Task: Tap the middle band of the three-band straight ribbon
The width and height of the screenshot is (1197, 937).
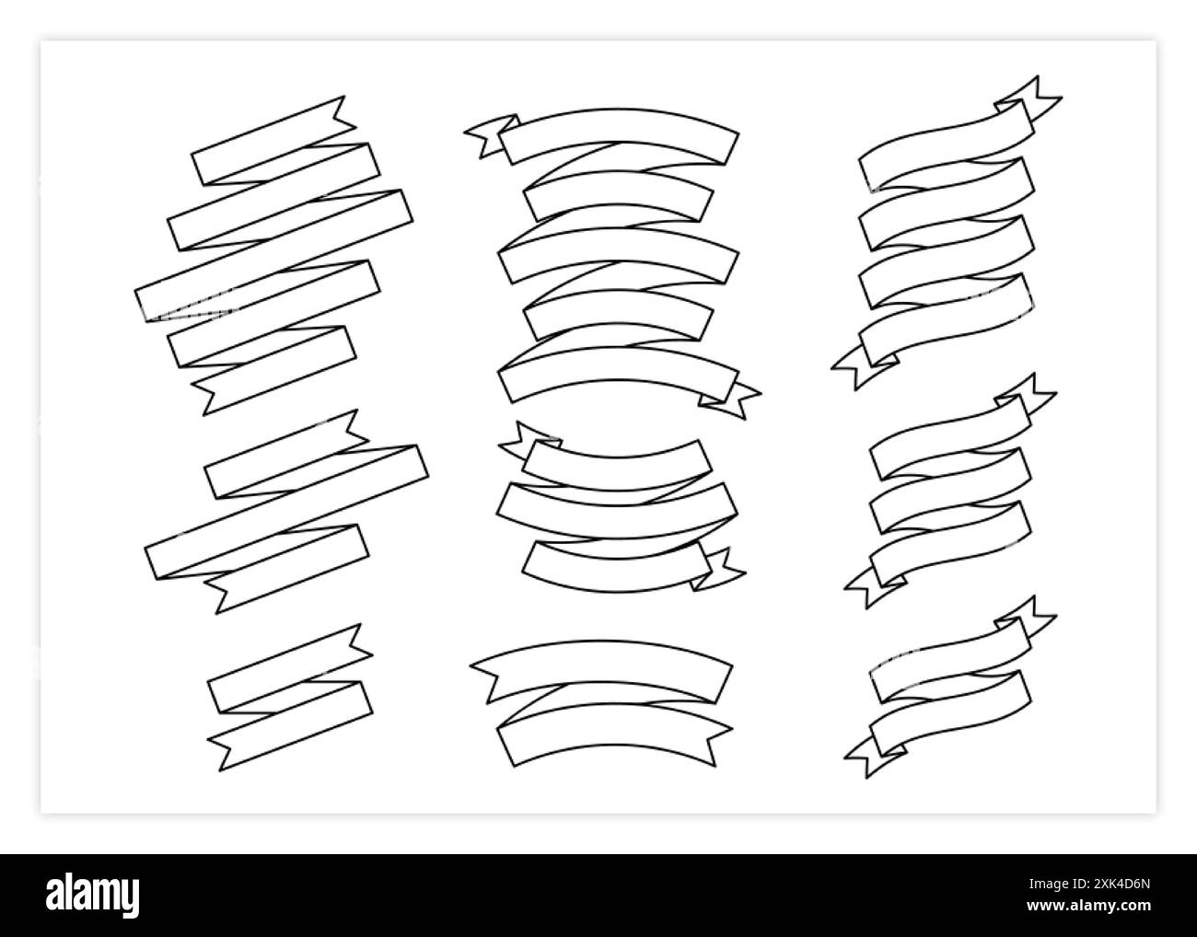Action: pos(286,511)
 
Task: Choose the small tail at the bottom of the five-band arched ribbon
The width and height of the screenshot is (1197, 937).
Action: pos(732,399)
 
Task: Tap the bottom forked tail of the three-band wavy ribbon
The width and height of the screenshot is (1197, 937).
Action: pos(870,584)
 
